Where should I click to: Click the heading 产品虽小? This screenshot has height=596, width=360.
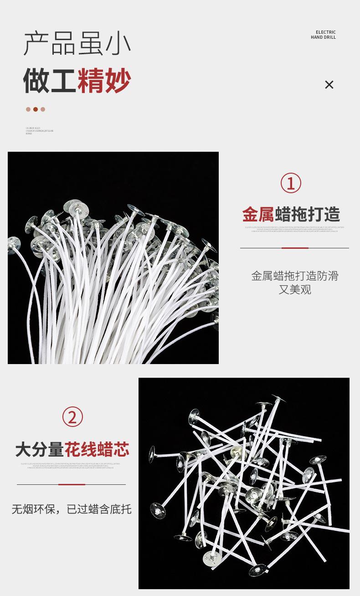point(77,44)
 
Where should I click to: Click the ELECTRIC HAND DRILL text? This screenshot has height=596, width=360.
point(323,35)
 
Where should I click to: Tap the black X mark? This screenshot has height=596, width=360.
point(329,85)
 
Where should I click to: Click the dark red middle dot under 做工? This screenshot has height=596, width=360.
point(36,109)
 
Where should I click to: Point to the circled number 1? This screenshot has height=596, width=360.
point(291,183)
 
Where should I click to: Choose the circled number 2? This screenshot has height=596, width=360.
point(72,417)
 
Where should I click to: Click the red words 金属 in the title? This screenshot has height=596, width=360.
point(257,214)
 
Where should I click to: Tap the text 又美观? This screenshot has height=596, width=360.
point(295,290)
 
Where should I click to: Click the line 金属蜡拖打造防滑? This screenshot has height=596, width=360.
point(295,276)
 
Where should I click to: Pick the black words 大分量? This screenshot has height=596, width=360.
point(39,449)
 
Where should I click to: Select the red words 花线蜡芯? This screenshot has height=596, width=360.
point(97,449)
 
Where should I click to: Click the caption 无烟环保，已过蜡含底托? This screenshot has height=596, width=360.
point(72,509)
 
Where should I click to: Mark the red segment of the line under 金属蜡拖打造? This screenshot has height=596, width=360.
point(295,248)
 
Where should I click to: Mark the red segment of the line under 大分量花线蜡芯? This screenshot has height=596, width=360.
point(72,484)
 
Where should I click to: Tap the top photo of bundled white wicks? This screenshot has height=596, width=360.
point(113,258)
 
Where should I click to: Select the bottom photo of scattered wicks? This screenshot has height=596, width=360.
point(244,483)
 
